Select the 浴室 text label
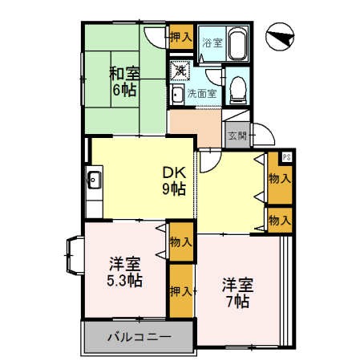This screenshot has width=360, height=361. [x=211, y=43]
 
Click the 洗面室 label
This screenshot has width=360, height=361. [x=201, y=94]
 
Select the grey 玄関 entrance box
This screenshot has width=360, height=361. [x=237, y=136]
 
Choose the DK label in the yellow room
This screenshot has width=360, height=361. [x=175, y=172]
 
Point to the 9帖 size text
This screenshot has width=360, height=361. [x=175, y=189]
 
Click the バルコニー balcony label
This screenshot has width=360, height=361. [x=139, y=337]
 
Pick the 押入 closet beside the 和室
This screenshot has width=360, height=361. [x=180, y=37]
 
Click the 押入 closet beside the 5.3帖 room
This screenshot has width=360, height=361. [x=180, y=292]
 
